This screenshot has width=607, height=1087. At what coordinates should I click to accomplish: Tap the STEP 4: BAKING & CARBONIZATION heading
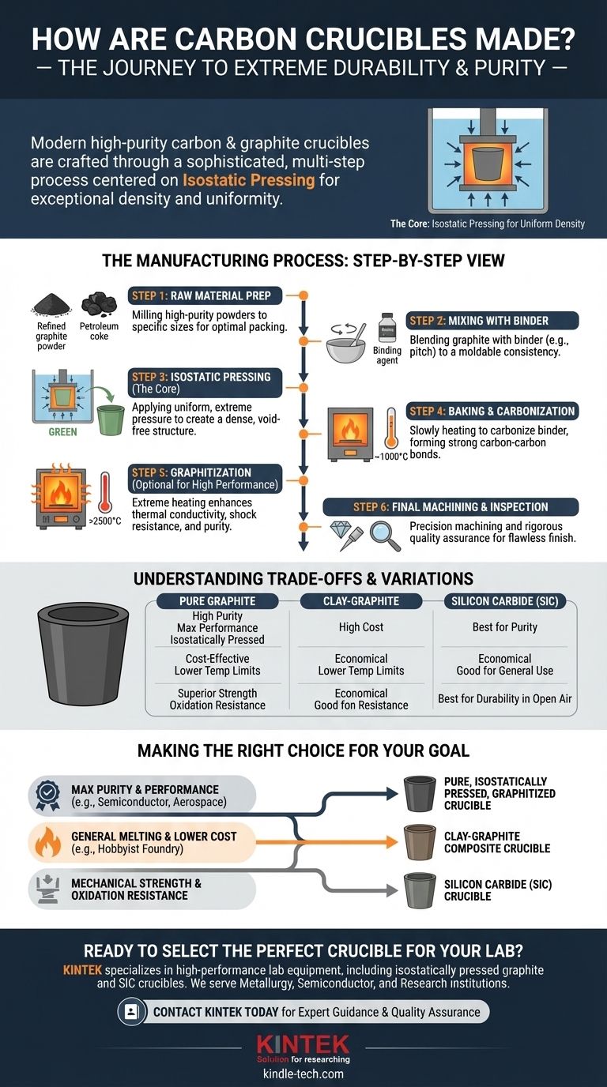coord(492,412)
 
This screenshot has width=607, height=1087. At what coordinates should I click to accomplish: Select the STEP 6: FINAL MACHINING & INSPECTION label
coord(451,507)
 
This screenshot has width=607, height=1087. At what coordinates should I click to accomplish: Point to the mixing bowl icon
coord(345,346)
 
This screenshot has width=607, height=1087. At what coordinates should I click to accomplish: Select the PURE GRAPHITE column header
coord(217,601)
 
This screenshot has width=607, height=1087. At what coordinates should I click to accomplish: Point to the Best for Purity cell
coord(505,627)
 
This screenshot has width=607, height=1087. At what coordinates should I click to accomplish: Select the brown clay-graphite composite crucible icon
coord(418,842)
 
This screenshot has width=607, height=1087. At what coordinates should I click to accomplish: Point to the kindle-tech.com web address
coord(303,1075)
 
